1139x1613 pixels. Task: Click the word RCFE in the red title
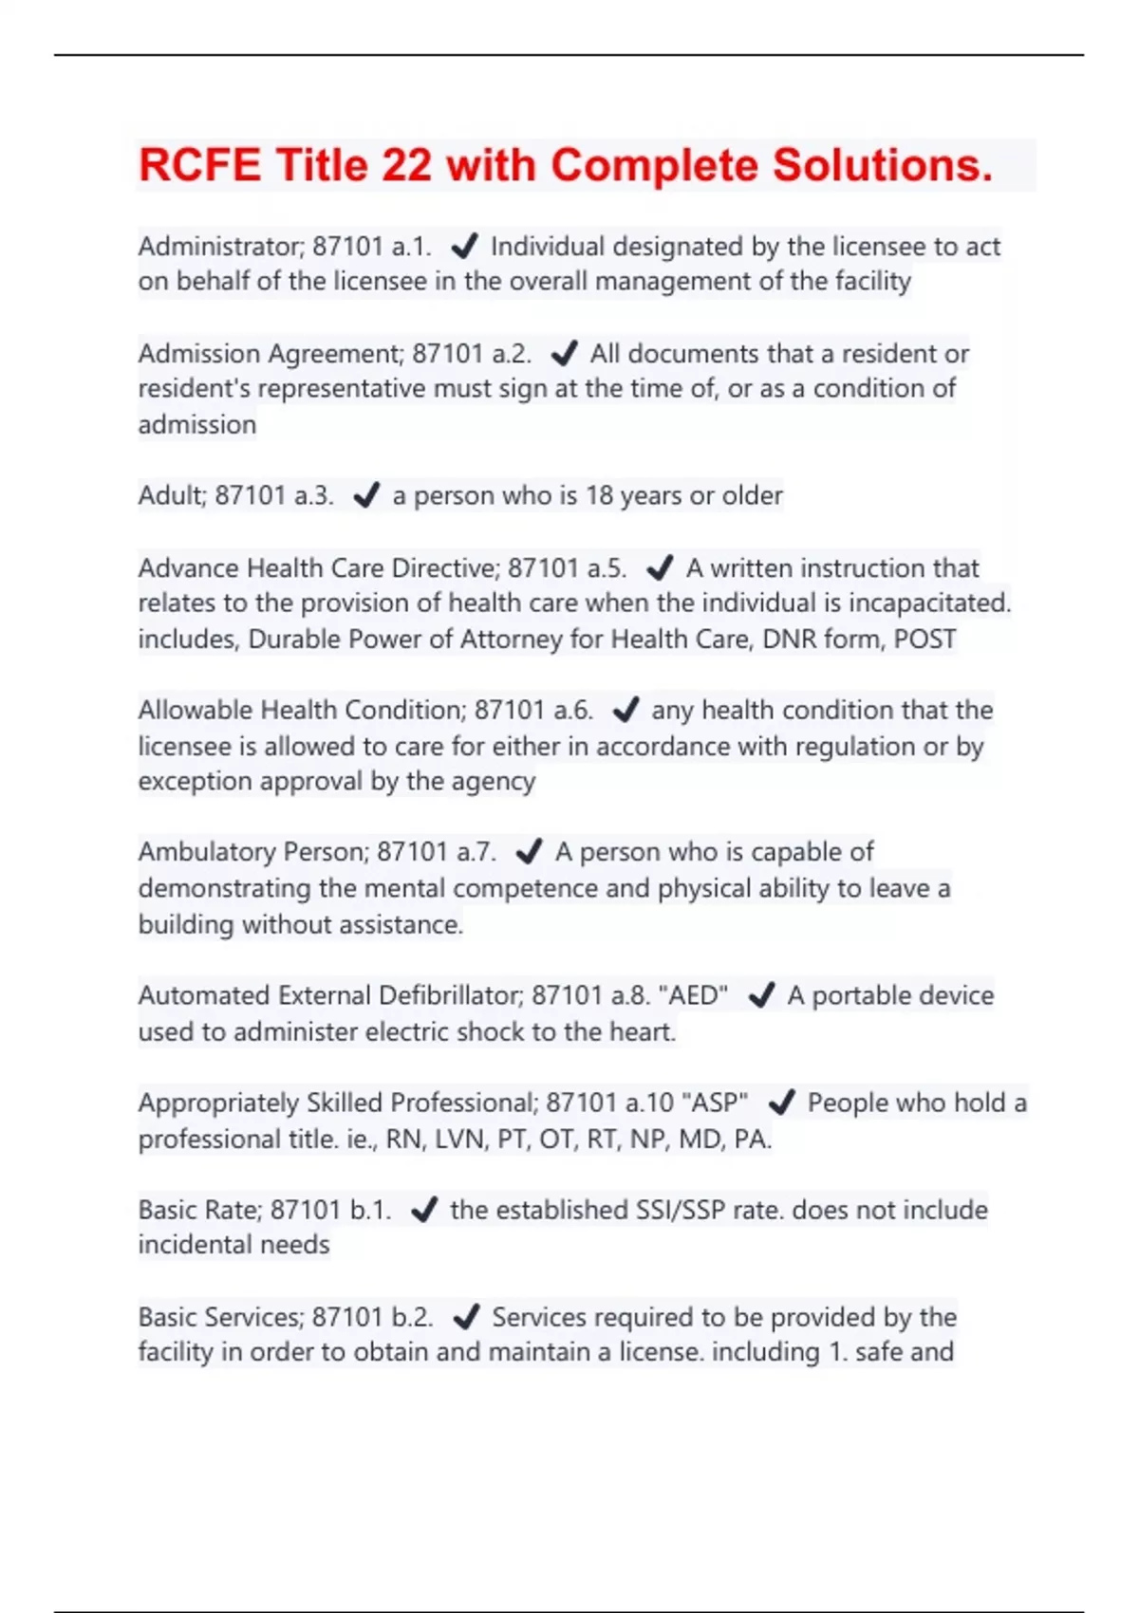point(199,165)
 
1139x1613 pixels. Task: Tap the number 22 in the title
point(407,165)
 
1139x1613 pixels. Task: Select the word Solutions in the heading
point(882,165)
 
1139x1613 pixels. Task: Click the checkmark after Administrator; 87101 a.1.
point(464,247)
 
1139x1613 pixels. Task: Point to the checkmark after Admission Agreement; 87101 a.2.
point(564,354)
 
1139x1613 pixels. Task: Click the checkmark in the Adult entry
point(366,495)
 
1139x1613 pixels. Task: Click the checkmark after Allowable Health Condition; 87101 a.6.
point(626,710)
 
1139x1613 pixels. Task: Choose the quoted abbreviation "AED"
point(693,995)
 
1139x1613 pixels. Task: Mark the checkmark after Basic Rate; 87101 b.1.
point(423,1210)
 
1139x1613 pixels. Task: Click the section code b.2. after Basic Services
point(412,1317)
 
